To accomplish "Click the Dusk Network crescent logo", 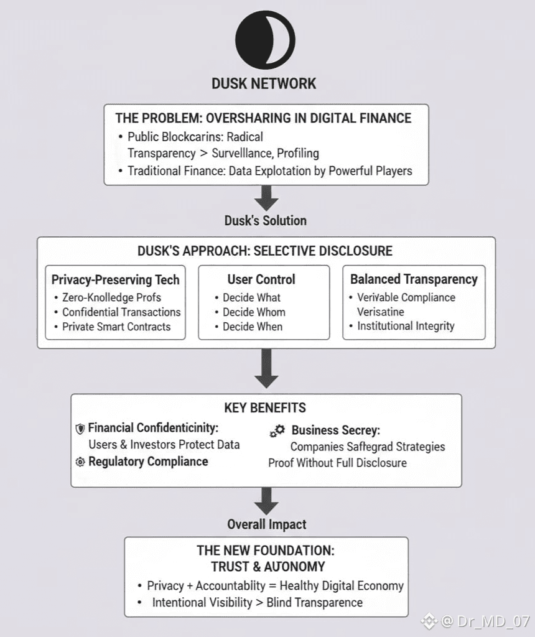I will pos(266,39).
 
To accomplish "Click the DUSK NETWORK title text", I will pos(264,83).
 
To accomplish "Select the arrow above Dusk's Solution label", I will pos(266,198).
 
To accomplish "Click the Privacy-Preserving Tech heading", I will pos(115,280).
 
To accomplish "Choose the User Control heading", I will pos(261,280).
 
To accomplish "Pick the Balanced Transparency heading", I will pos(414,279).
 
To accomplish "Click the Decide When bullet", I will pos(253,327).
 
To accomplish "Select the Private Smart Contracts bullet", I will pos(116,327).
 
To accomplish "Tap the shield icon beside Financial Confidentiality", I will pos(80,429).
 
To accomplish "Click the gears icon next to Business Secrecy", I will pos(277,430).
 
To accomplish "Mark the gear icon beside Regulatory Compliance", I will pos(80,462).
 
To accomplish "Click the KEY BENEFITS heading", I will pos(265,408).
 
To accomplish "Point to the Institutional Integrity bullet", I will pos(406,326).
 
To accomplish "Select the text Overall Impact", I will pos(266,524).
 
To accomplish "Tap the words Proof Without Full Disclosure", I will pos(337,463).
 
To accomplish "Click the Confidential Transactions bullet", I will pos(121,312).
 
